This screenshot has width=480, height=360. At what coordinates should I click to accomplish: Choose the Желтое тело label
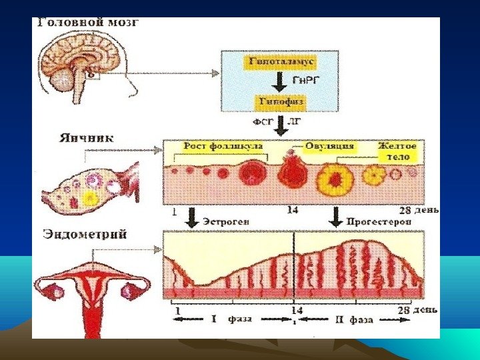tap(397, 150)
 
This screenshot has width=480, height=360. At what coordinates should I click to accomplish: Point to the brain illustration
tap(79, 63)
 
